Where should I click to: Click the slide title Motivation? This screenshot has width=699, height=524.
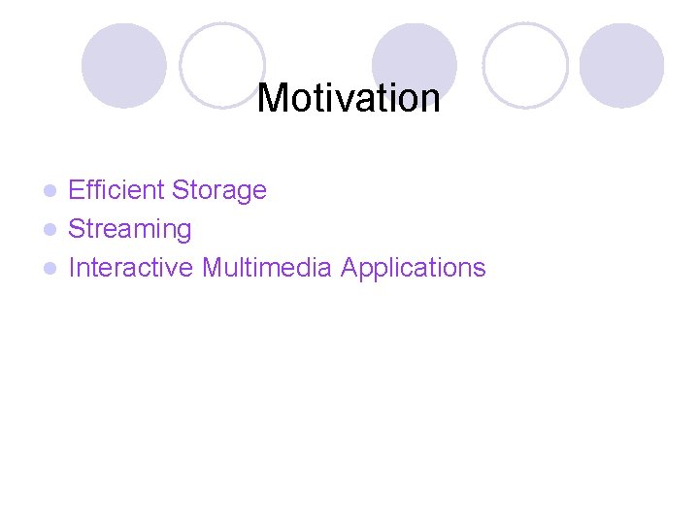point(349,98)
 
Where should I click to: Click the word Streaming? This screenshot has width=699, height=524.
point(130,230)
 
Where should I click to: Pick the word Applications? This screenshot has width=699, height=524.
point(413,268)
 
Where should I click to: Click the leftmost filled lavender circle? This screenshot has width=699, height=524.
point(123,65)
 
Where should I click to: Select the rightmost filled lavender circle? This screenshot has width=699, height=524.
point(621,65)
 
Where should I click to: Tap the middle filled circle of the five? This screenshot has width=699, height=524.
point(415,65)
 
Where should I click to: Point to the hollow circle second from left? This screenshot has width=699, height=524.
point(222,65)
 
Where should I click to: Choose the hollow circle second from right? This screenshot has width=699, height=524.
point(525,65)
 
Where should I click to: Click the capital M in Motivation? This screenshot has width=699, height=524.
point(273,98)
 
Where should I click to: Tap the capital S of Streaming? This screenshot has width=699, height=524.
point(77,230)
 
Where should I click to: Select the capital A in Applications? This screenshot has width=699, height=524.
point(349,267)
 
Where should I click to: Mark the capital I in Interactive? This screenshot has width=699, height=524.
point(72,267)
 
